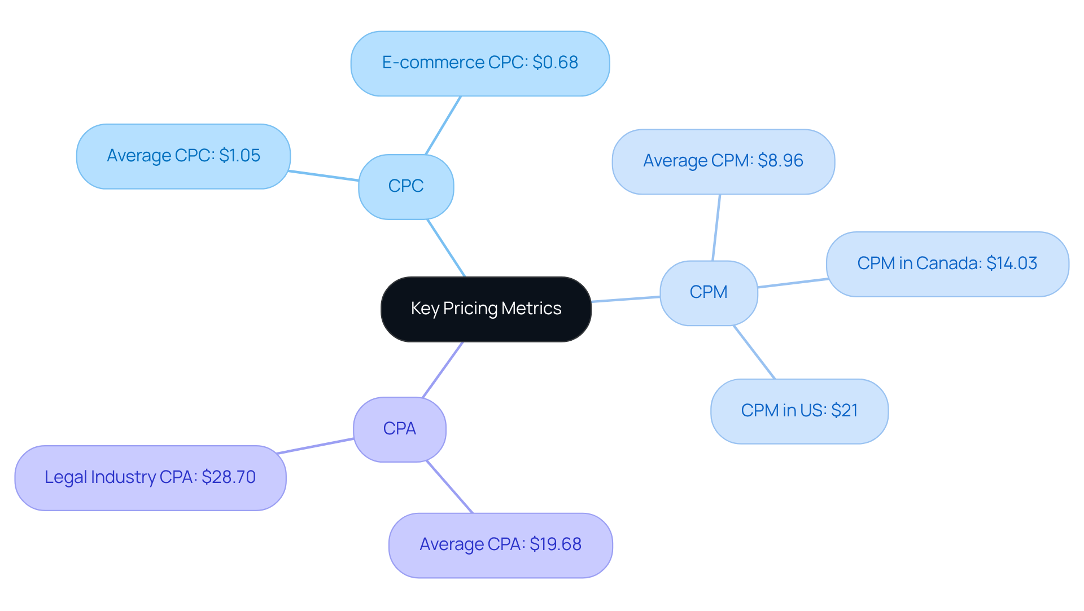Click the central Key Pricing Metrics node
pyautogui.click(x=486, y=309)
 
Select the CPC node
pyautogui.click(x=406, y=186)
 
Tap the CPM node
pyautogui.click(x=709, y=292)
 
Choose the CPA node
pyautogui.click(x=400, y=429)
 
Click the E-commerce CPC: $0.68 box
pyautogui.click(x=480, y=63)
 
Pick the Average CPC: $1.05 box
pyautogui.click(x=183, y=156)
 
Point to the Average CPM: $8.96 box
pyautogui.click(x=723, y=161)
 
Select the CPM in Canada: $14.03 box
pyautogui.click(x=947, y=263)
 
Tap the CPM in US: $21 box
pyautogui.click(x=799, y=411)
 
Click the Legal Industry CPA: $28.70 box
pyautogui.click(x=150, y=477)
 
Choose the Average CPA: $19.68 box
pyautogui.click(x=500, y=544)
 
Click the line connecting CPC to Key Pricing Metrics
pyautogui.click(x=446, y=248)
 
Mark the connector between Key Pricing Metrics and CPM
pyautogui.click(x=626, y=299)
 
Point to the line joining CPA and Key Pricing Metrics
pyautogui.click(x=443, y=370)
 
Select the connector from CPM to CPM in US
pyautogui.click(x=754, y=352)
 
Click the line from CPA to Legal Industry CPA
pyautogui.click(x=316, y=446)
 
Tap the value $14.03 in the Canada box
pyautogui.click(x=1011, y=263)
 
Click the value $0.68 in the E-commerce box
pyautogui.click(x=555, y=63)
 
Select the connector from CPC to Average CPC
pyautogui.click(x=324, y=175)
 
